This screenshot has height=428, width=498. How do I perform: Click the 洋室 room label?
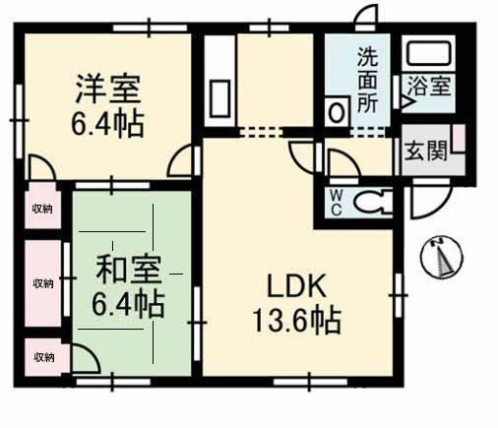point(108,89)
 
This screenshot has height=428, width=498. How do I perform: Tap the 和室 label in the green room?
point(128,270)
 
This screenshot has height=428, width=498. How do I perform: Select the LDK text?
point(296,285)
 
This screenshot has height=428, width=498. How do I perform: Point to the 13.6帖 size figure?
point(296,321)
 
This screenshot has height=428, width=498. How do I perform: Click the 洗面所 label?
point(368,81)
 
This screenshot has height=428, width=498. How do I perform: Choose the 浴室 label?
point(429,85)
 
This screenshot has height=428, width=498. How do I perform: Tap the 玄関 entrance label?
point(426,151)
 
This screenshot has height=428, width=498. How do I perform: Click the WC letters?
point(336,204)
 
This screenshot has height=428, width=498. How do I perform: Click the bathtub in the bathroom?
point(428,53)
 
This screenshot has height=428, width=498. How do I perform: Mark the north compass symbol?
point(442,256)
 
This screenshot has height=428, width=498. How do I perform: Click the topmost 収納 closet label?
point(42,209)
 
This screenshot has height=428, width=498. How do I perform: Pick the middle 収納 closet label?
point(43,283)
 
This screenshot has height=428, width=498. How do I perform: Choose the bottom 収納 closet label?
point(44,357)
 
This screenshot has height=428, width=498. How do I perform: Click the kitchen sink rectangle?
point(219,98)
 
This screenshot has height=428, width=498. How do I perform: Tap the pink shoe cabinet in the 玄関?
point(460,138)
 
